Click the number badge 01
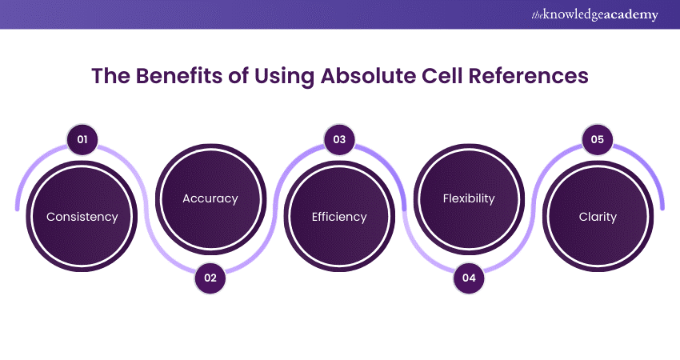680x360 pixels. coord(81,140)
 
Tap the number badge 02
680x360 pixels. coord(210,278)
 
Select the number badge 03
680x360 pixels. coord(339,140)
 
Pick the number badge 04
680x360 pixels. coord(469,278)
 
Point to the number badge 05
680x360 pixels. coord(598,140)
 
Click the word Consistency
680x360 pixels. coord(82,217)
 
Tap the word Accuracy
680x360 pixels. coord(210,198)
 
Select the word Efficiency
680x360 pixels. coord(339,217)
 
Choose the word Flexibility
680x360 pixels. coord(469,198)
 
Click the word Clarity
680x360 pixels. coord(598,217)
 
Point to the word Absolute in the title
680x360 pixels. coord(362,77)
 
